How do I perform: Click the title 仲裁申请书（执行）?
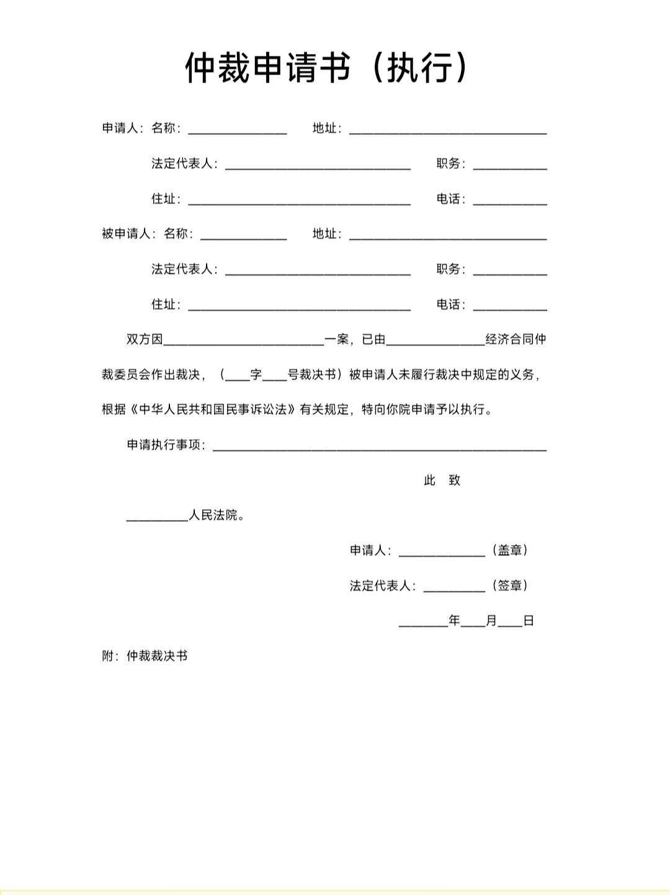point(328,67)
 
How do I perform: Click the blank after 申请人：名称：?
point(238,129)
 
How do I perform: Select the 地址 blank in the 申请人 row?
point(448,129)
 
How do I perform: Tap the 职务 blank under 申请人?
point(510,164)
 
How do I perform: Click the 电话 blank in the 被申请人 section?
point(510,305)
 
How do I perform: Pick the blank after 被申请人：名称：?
point(244,235)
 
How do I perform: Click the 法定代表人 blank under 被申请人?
point(318,270)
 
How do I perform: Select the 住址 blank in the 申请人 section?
point(299,200)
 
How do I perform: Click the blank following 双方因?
point(244,340)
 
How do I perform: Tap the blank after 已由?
point(435,340)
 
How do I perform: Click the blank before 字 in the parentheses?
point(238,376)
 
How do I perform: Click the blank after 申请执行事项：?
point(380,446)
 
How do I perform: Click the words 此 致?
point(442,480)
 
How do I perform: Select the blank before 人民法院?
point(157,516)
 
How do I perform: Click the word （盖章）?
point(510,551)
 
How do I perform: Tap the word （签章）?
point(510,586)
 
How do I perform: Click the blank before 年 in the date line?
point(423,621)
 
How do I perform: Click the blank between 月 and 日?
point(510,621)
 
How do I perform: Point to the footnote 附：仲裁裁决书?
point(145,656)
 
